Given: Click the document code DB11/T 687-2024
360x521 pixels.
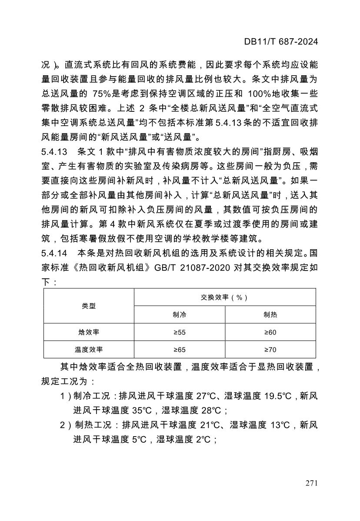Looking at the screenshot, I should [x=281, y=42].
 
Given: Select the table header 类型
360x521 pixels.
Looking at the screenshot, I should [x=89, y=306].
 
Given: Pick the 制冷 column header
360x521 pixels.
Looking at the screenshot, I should [x=180, y=315].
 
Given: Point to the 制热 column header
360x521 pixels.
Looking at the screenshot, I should [x=270, y=315].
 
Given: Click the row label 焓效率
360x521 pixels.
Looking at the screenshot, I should [x=89, y=332].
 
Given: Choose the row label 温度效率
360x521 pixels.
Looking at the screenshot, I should [x=89, y=349].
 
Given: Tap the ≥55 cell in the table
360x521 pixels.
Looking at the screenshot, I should [x=180, y=332].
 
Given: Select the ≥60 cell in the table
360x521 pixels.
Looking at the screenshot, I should [x=270, y=332].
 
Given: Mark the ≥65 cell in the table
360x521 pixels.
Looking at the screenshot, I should [x=180, y=349].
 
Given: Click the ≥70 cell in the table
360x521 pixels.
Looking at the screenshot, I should [x=270, y=349].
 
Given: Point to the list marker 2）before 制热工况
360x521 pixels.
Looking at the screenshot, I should [x=66, y=424].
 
